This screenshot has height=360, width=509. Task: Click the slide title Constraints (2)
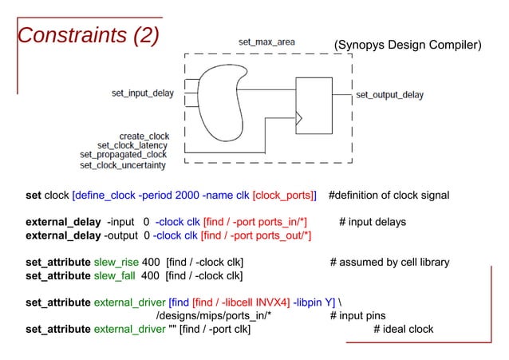[89, 35]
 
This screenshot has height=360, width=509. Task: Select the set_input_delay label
[142, 94]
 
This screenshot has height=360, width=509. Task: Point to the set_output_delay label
[389, 95]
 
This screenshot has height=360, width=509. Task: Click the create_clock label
[144, 136]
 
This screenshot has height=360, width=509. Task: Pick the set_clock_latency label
[132, 145]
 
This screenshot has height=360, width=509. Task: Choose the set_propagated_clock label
[124, 155]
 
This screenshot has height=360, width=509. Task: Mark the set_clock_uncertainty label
[123, 165]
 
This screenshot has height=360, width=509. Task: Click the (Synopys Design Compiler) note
[408, 45]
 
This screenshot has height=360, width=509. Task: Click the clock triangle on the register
[299, 121]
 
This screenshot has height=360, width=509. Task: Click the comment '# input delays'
[373, 222]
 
